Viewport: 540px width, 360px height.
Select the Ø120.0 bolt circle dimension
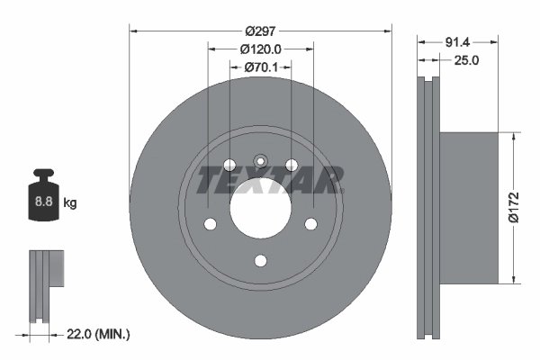[261, 49]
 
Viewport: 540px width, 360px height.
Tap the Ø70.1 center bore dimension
[261, 67]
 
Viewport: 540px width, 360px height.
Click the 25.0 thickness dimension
[464, 61]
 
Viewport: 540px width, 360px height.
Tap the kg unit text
[70, 203]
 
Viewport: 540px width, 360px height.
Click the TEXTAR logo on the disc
[269, 180]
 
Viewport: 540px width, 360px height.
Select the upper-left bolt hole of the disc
[229, 166]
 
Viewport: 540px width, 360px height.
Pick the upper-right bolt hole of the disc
[292, 165]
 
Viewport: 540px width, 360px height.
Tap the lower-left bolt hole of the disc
[210, 224]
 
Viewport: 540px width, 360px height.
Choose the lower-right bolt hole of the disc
[311, 224]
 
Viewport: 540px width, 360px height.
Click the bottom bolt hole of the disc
[261, 261]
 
